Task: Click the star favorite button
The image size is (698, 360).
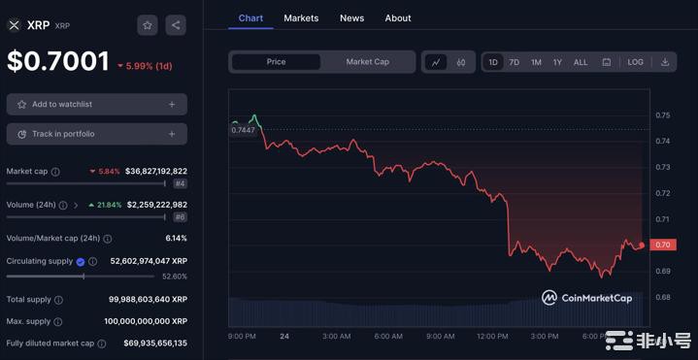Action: point(148,25)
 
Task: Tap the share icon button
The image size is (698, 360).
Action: point(175,25)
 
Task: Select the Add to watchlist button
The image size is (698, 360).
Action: point(97,104)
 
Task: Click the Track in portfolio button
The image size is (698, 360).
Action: point(97,134)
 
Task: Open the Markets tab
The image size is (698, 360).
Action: point(301,17)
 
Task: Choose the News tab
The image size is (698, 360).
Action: point(351,17)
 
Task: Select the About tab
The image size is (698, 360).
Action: point(398,17)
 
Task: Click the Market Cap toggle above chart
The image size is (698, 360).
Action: point(368,62)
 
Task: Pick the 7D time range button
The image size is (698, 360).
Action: point(515,62)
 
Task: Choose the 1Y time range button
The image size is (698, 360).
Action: point(557,62)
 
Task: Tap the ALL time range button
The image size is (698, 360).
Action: point(581,62)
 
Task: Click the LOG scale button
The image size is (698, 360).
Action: point(635,62)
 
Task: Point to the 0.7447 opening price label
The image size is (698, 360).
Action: point(243,129)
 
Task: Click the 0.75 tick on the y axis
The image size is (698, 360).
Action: point(662,115)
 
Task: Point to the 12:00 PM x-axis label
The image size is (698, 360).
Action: point(492,336)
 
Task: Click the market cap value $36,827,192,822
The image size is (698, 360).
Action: point(156,171)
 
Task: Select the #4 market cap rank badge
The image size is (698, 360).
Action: point(181,183)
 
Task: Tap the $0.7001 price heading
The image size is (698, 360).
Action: point(58,61)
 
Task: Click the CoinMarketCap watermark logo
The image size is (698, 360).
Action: point(587,298)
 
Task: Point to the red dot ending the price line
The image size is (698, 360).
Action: point(642,245)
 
